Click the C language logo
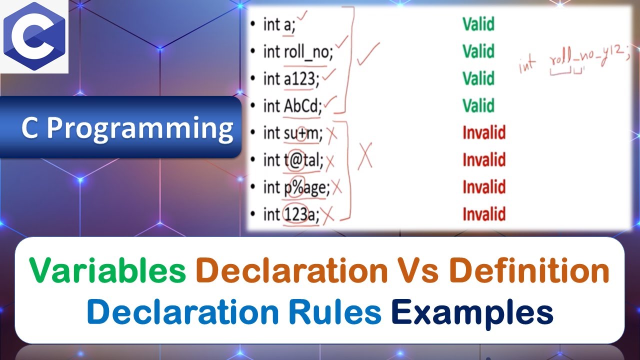pos(34,37)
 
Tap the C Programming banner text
pos(127,128)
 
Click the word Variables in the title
pos(108,271)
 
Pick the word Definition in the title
pos(529,271)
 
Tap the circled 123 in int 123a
pos(295,214)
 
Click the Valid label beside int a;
pos(478,24)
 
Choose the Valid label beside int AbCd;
pos(478,105)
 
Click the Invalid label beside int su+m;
pos(483,132)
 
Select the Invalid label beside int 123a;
pos(483,214)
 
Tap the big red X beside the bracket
pos(365,157)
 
